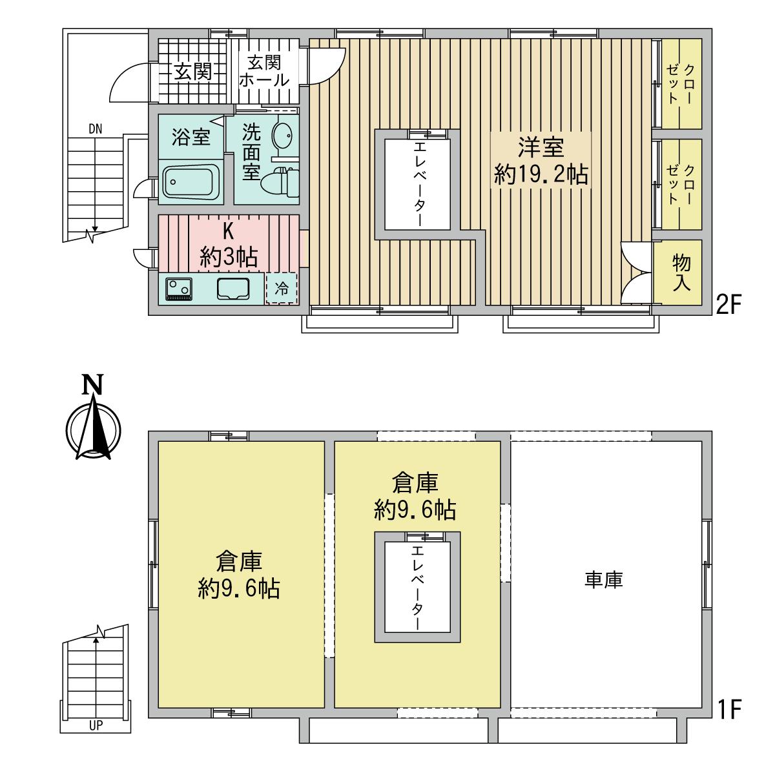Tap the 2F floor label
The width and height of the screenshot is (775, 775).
coord(727,305)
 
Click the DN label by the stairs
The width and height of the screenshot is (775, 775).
coord(96,129)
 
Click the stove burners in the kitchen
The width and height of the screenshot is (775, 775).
coord(178,289)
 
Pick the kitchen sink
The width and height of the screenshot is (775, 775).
coord(233,289)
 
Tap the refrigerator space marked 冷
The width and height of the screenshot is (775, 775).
coord(282,288)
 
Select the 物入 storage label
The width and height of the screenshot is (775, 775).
coord(682,273)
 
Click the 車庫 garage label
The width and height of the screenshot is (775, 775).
coord(603,580)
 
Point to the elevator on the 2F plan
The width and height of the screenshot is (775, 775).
coord(417,185)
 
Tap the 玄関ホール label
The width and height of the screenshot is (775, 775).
coord(264,71)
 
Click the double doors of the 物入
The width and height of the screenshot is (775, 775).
coord(636,273)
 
